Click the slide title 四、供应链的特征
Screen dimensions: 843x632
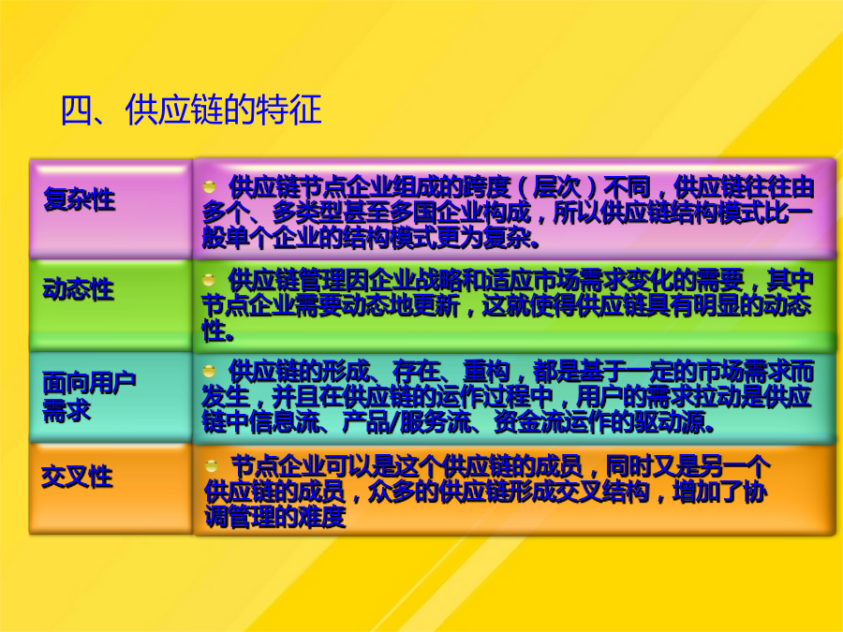(x=191, y=110)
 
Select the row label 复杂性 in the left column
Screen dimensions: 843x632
(x=79, y=199)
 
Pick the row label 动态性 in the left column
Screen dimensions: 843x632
(x=79, y=289)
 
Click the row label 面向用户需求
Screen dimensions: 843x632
(x=89, y=397)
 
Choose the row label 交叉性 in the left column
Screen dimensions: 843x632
(x=77, y=477)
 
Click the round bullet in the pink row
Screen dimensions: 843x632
(x=209, y=187)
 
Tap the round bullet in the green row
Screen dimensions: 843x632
(x=209, y=280)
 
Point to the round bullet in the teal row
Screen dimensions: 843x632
(x=209, y=371)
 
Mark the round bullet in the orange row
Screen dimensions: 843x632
(x=212, y=465)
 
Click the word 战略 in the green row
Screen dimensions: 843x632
(x=440, y=280)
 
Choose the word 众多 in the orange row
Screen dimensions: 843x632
(x=392, y=492)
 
